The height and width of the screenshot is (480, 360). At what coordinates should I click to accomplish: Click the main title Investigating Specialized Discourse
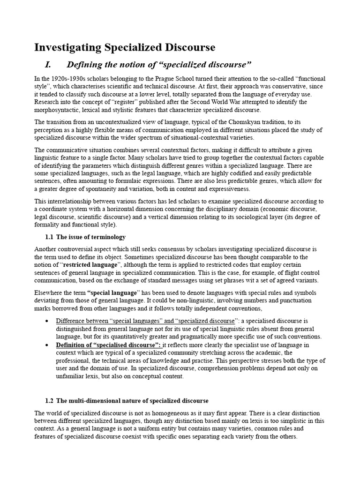point(125,47)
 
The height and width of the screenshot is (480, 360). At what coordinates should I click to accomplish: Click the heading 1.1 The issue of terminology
point(85,237)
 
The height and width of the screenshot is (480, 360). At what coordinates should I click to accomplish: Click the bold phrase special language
point(112,293)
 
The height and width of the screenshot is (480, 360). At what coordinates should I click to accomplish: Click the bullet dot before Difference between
point(47,321)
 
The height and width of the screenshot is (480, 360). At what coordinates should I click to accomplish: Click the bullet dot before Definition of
point(47,345)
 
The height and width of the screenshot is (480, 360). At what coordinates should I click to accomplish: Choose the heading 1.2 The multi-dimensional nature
point(127,401)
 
